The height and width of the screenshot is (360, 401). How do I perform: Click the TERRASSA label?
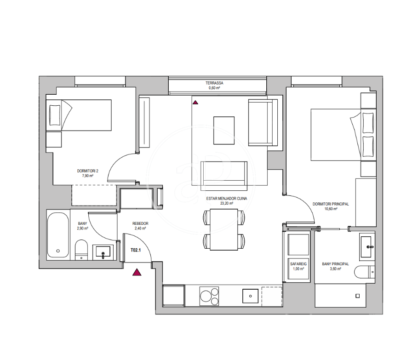[214, 83]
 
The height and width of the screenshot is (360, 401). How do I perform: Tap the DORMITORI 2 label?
[88, 171]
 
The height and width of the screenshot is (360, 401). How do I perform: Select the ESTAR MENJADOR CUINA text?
[227, 199]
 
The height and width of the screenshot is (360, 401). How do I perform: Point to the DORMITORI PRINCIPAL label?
[331, 204]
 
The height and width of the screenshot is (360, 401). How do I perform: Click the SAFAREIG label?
[298, 264]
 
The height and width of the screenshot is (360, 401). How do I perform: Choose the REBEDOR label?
[140, 223]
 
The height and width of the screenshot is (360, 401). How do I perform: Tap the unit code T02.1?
[136, 250]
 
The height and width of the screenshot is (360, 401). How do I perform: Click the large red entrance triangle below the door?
[137, 273]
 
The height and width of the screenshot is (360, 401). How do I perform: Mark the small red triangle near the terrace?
[195, 103]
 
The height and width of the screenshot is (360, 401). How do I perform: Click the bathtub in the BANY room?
[58, 235]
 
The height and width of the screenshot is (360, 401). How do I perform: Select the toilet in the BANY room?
[81, 250]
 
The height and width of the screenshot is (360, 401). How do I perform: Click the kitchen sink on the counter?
[250, 296]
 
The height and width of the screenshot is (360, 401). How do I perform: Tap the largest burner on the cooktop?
[206, 297]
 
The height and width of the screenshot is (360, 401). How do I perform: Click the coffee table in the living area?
[224, 131]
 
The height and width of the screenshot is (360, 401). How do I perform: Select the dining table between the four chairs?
[224, 229]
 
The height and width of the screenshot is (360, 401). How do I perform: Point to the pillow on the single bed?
[55, 115]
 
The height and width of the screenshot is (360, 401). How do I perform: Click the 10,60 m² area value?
[331, 209]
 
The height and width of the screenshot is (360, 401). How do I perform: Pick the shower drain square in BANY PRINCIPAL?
[358, 296]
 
